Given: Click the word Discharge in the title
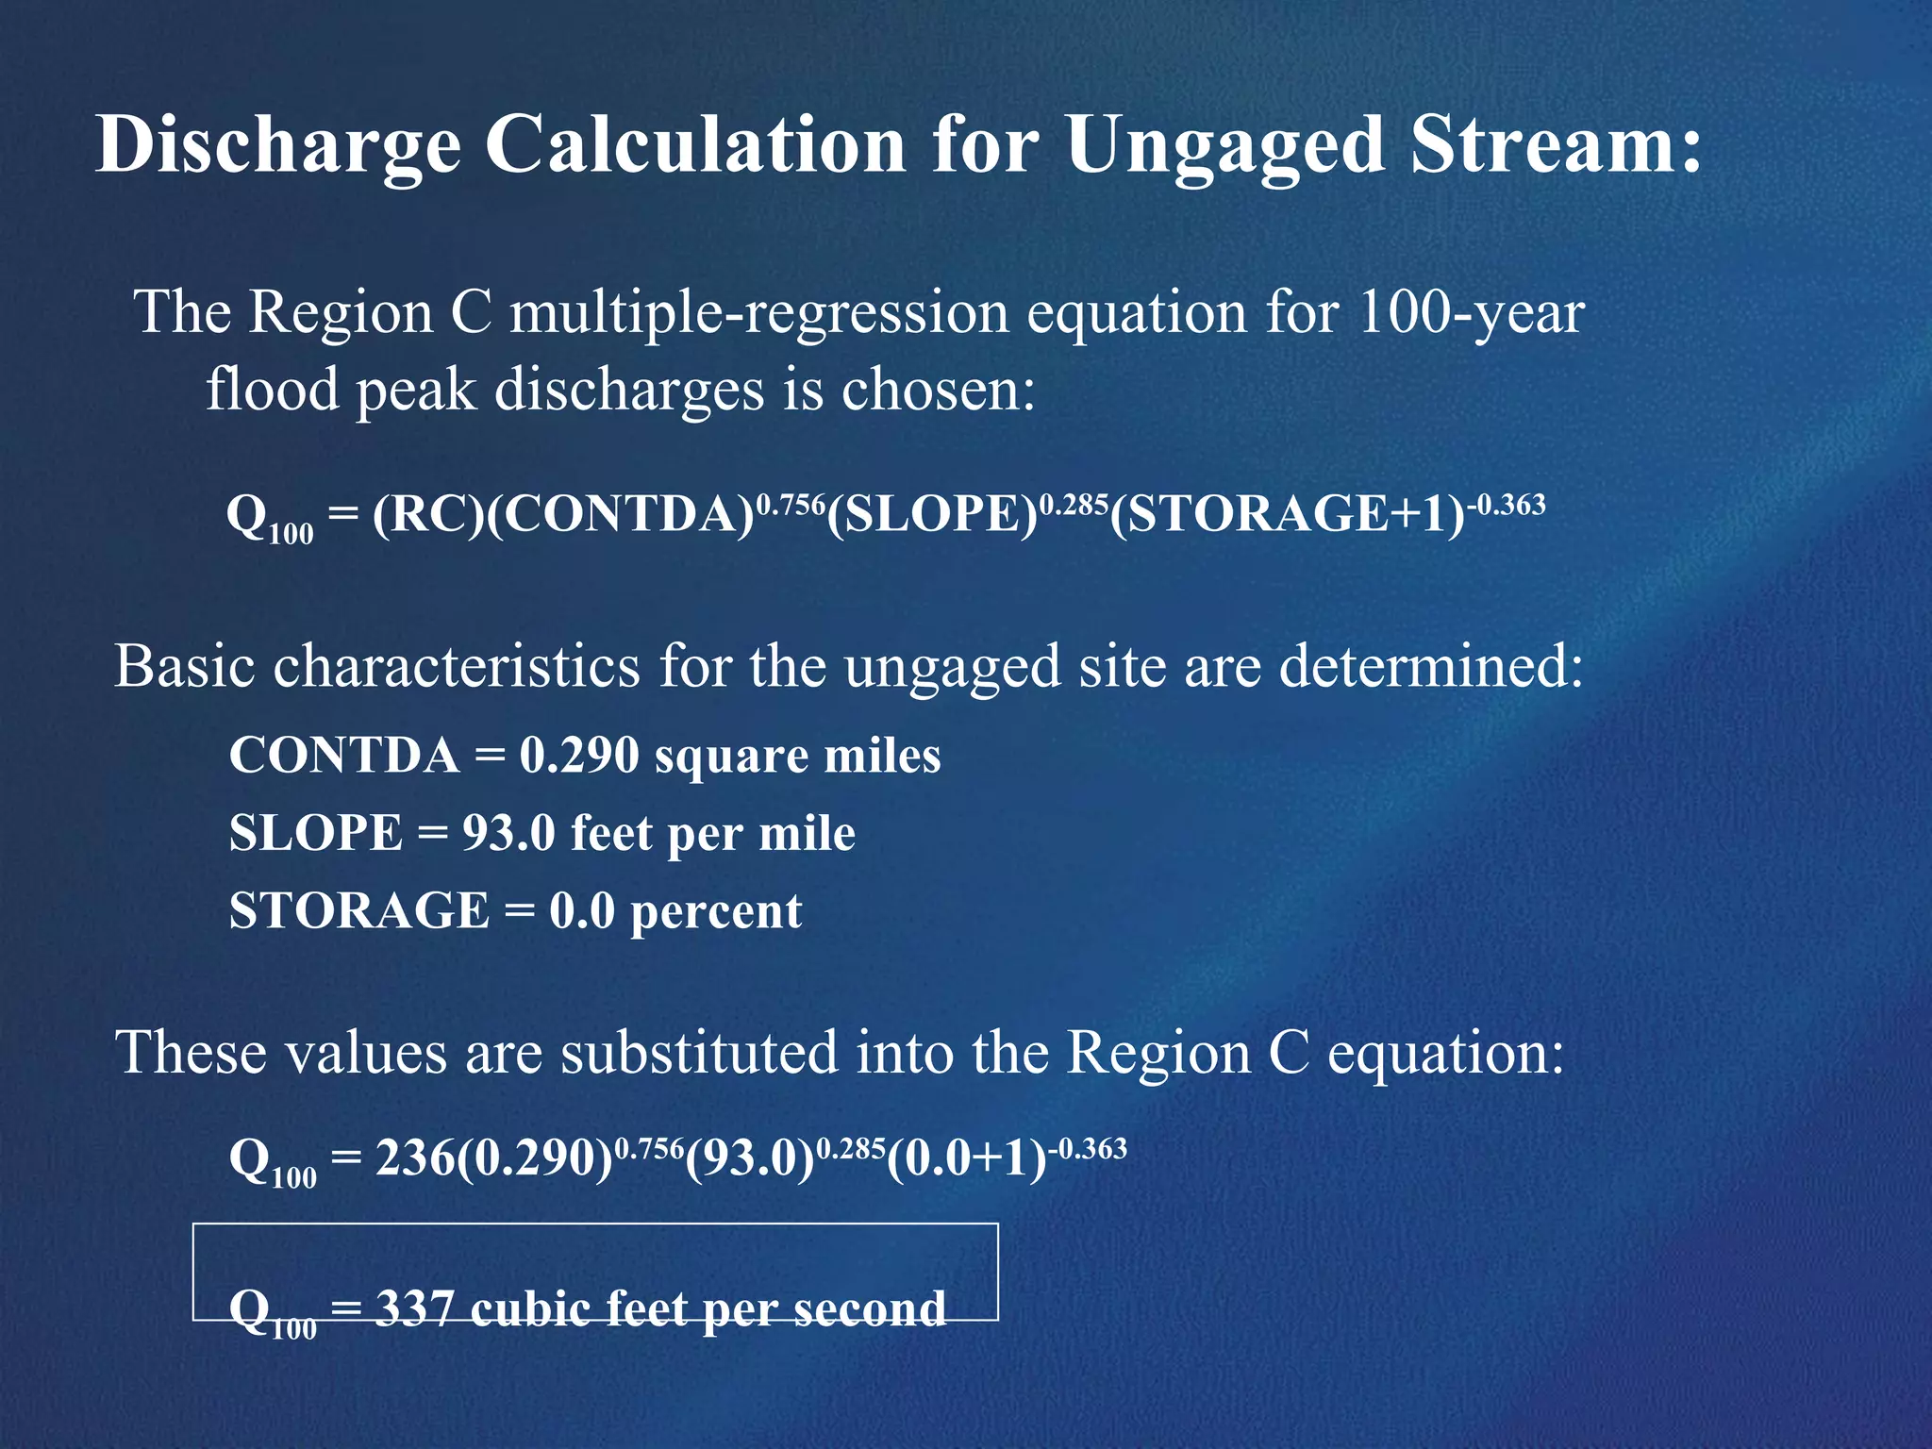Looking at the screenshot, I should (x=278, y=146).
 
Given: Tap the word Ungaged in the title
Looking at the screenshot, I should (x=1225, y=146).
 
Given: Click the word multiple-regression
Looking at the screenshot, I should (x=759, y=312).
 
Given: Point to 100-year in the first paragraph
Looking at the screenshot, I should (x=1471, y=312).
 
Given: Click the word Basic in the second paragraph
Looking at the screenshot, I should (x=185, y=666).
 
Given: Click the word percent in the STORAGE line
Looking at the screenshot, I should (x=716, y=912).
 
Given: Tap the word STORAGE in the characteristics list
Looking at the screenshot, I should (x=359, y=911).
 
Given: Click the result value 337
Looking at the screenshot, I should (x=415, y=1308).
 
